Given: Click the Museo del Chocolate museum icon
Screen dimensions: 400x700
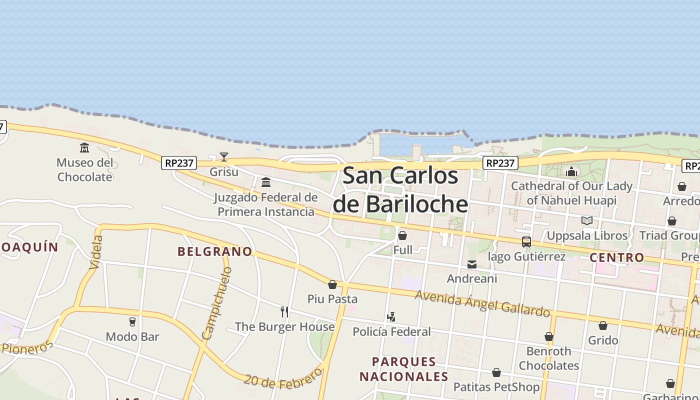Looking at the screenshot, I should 84,148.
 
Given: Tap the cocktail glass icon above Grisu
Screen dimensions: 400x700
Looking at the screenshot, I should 224,157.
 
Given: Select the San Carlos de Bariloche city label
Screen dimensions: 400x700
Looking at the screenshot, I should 400,190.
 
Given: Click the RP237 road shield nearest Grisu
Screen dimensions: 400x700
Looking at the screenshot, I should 179,162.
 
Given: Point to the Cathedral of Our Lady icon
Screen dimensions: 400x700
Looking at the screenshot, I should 571,172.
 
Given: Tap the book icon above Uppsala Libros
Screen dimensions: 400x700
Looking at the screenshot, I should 587,220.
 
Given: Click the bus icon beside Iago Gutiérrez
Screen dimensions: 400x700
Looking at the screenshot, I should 526,242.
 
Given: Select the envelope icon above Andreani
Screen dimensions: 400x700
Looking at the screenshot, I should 472,264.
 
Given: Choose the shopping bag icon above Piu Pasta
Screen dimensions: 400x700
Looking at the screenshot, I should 332,285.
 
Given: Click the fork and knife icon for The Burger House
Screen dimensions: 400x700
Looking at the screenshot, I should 284,312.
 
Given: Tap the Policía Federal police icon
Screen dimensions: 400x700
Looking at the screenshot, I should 391,317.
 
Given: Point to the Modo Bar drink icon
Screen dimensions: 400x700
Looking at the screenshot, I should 132,322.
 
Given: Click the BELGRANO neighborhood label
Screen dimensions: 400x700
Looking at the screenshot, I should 215,251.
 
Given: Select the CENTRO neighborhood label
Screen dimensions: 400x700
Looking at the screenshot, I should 617,257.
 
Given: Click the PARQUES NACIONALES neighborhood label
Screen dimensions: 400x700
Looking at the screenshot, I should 404,369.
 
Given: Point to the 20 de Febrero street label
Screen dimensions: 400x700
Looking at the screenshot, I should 283,379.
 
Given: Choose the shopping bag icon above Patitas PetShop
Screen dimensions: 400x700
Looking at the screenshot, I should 496,372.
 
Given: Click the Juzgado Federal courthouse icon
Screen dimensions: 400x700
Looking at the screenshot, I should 266,182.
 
